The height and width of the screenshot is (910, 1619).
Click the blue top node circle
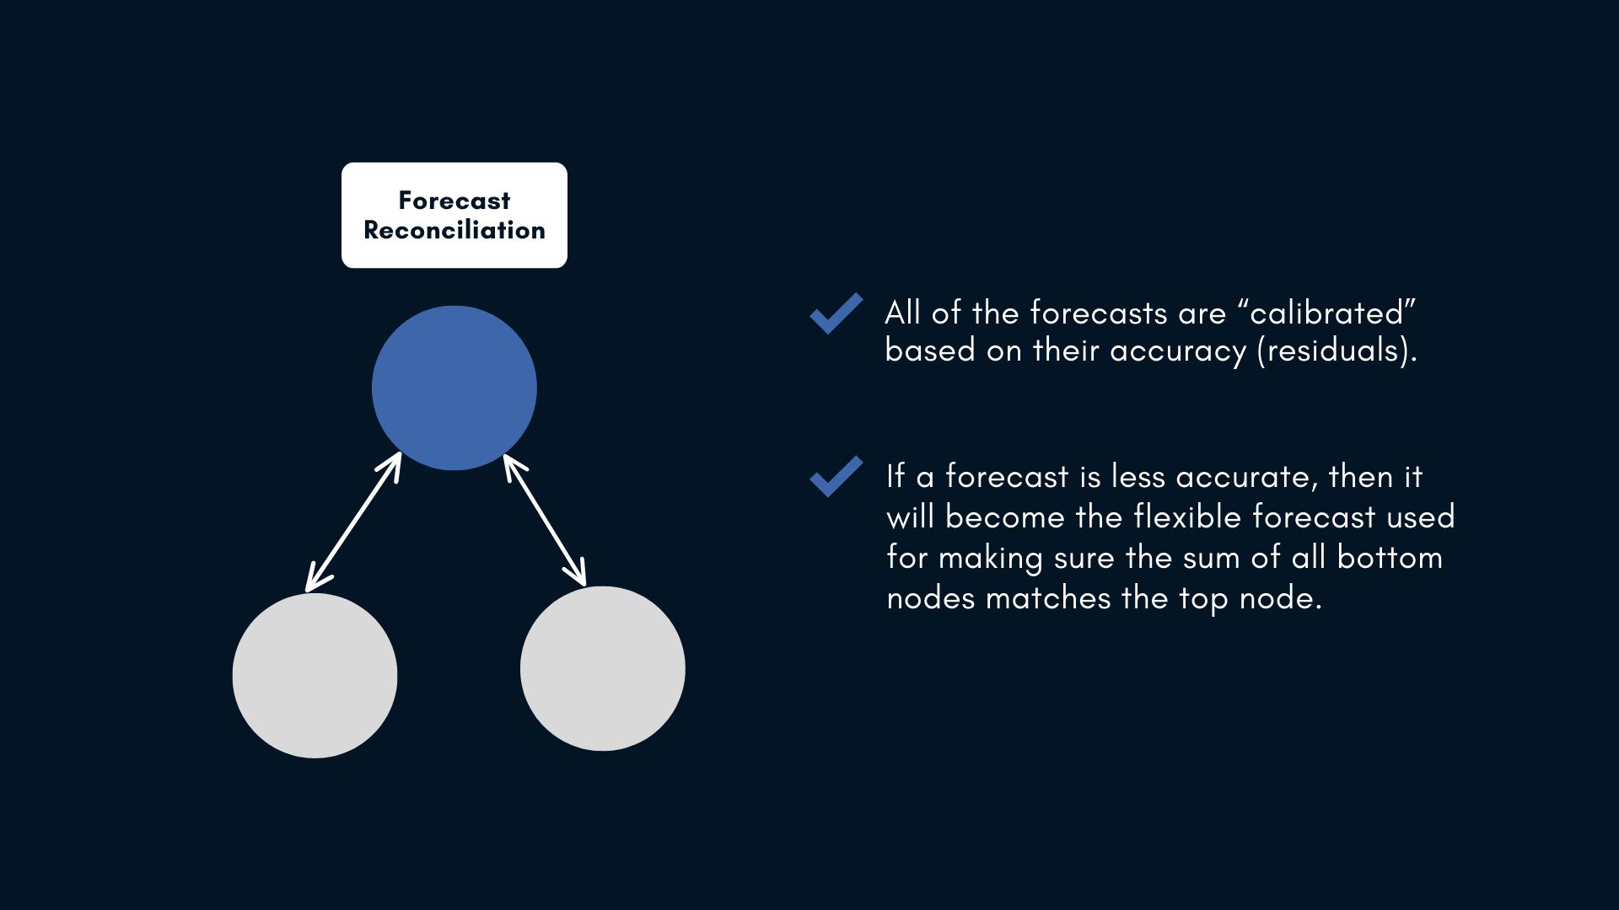[455, 388]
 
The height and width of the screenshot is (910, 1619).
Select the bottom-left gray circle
[315, 676]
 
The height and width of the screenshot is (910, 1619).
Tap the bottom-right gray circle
[603, 668]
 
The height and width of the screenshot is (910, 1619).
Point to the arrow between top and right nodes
[545, 520]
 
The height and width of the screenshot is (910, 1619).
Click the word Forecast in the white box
[455, 201]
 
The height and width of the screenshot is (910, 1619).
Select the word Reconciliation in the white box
[455, 230]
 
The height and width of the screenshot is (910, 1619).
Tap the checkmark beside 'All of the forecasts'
[836, 313]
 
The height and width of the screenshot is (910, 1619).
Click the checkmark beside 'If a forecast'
[836, 477]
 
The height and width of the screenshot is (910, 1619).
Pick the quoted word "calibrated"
[1326, 313]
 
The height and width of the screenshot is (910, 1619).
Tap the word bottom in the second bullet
[1390, 558]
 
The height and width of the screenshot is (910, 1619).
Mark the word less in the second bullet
[1138, 477]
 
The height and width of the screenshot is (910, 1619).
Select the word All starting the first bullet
[902, 313]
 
